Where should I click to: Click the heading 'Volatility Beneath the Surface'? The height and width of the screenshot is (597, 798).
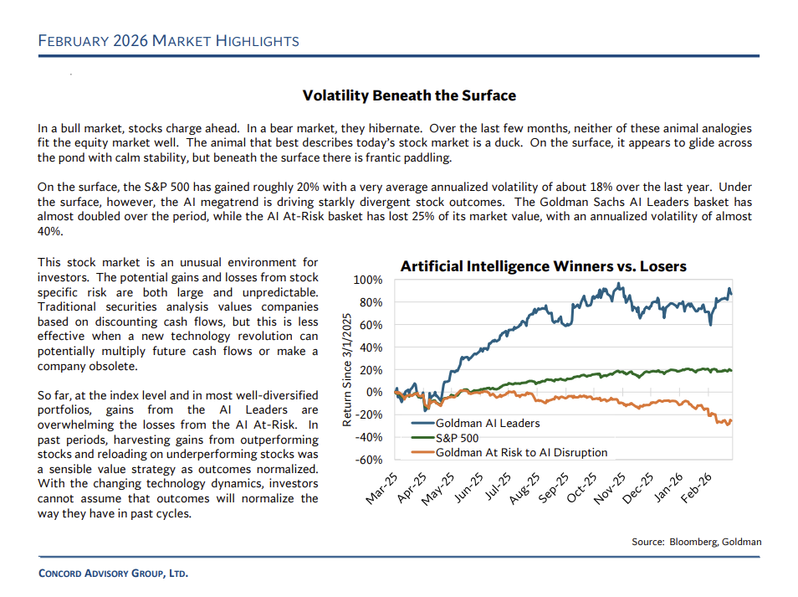coord(409,95)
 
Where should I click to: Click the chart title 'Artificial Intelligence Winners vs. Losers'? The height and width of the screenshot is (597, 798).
coord(543,266)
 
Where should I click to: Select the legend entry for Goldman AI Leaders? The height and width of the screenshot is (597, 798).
coord(487,423)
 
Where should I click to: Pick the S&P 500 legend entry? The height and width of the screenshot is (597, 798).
coord(458,438)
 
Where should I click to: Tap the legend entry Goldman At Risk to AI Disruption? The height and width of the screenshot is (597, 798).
coord(521,452)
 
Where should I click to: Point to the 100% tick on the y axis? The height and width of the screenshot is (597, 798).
coord(368,280)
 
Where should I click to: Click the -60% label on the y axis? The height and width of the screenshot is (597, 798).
coord(368,460)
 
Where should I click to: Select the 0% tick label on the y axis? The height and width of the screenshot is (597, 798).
coord(373,392)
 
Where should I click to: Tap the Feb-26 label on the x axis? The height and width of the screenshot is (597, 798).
coord(696,488)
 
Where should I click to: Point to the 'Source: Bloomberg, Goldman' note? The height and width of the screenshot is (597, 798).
coord(696,542)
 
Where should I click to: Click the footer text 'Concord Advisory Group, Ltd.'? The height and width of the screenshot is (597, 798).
coord(113,574)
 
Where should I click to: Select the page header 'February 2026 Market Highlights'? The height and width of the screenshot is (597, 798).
coord(168,41)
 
